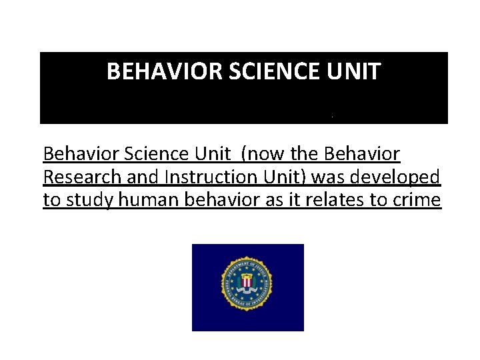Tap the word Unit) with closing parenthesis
tap(286, 177)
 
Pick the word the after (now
tap(305, 155)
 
